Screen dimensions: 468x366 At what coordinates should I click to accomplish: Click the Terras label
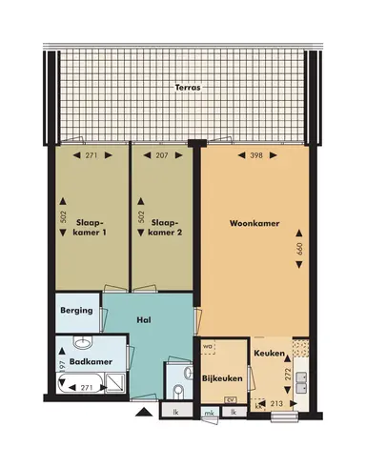[187, 88]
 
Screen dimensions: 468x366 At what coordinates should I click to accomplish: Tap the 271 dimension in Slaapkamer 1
[91, 154]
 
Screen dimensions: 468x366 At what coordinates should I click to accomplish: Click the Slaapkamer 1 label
[91, 225]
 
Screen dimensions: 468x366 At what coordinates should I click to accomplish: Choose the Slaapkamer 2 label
[164, 225]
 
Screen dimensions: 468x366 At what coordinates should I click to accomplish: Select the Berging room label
[76, 310]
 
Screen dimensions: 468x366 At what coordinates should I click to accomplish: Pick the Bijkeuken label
[219, 379]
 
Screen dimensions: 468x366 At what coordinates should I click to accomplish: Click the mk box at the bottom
[209, 412]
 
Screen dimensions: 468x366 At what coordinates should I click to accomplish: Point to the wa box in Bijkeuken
[206, 346]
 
